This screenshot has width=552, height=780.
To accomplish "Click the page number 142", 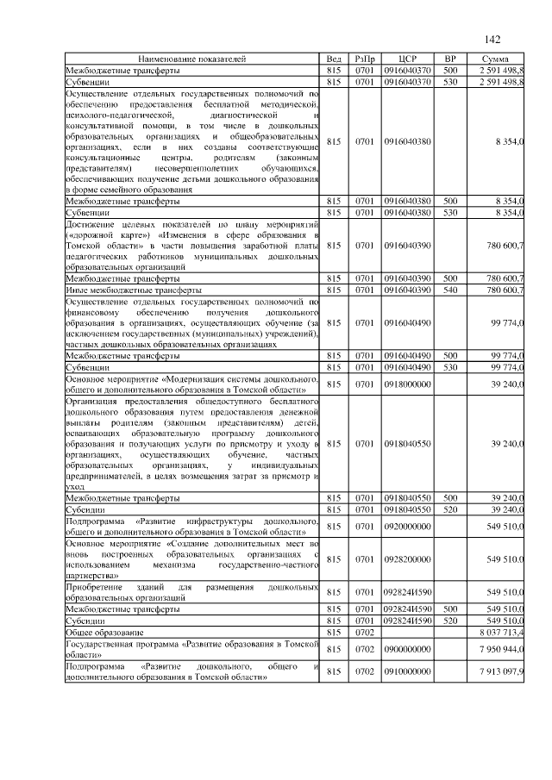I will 493,40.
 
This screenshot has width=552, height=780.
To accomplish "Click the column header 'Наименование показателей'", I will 191,59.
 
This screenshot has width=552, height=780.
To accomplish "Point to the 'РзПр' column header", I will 364,59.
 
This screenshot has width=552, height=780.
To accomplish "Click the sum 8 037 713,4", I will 500,632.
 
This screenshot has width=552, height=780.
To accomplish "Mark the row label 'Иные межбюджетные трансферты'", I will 129,290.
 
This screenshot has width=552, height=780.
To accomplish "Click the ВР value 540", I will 449,290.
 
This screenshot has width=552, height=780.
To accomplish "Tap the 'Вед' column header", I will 336,59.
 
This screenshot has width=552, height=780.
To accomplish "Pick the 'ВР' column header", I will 449,59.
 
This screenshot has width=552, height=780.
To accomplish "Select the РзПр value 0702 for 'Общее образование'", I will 364,632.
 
